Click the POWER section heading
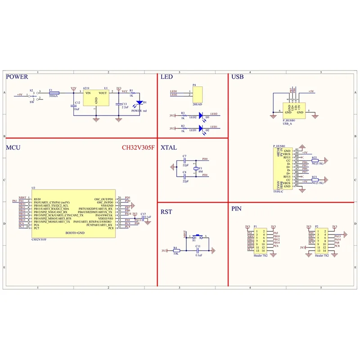point(17,77)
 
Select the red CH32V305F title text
point(138,147)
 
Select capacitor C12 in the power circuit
point(74,105)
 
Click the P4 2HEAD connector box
point(197,93)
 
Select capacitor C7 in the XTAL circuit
point(185,160)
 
